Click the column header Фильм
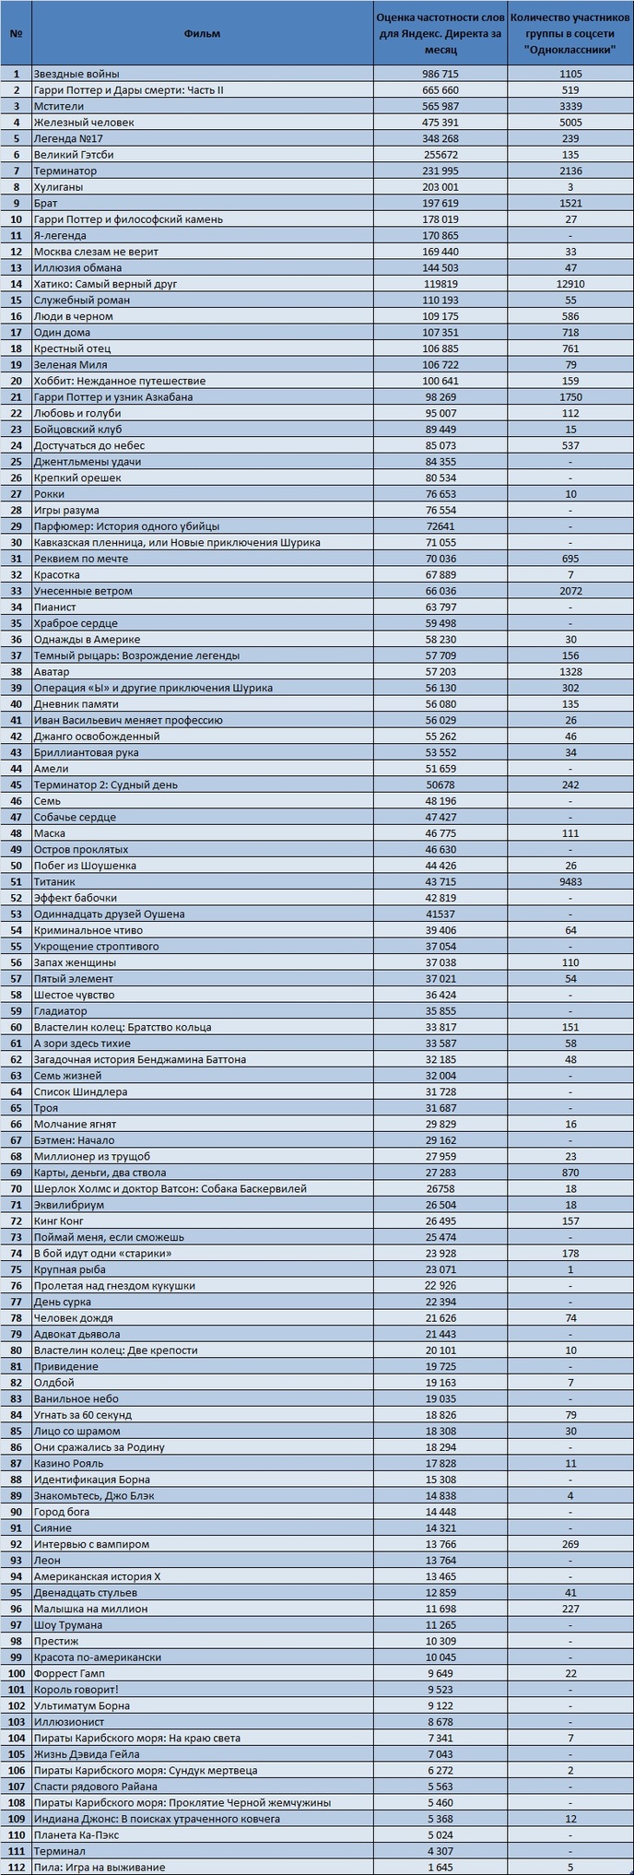(202, 34)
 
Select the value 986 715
(440, 74)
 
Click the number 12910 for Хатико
(570, 284)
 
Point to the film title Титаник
(54, 882)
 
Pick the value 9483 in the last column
(570, 882)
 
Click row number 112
(16, 1868)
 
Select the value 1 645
(440, 1868)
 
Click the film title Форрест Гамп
(70, 1673)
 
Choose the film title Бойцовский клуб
(78, 430)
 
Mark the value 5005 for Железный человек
(570, 123)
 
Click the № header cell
(16, 34)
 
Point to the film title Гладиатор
(61, 1011)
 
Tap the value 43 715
(440, 882)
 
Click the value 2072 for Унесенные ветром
(570, 591)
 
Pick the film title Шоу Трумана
(68, 1625)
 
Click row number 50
(16, 866)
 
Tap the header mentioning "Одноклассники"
(570, 34)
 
